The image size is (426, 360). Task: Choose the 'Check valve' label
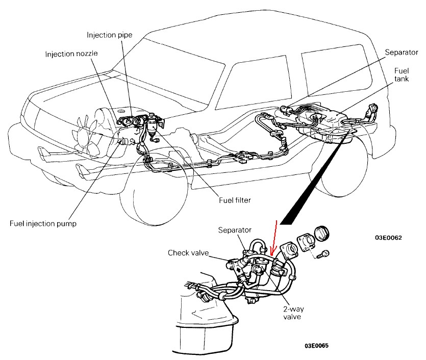coord(188,253)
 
